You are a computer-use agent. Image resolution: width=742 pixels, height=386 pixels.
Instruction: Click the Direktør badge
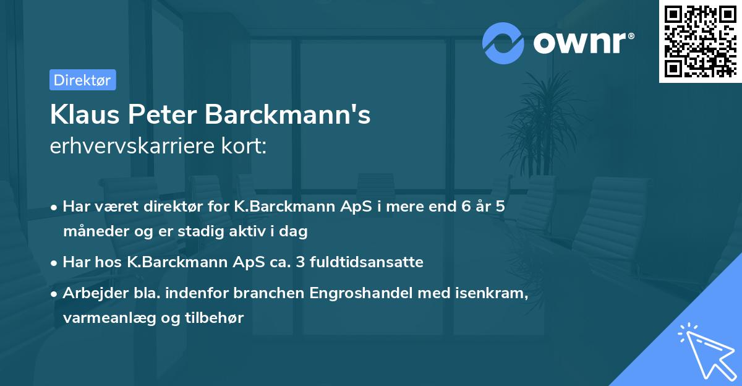point(82,80)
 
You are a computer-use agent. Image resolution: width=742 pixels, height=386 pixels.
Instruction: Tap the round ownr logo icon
point(503,43)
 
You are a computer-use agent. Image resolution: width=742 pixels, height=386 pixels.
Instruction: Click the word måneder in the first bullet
point(92,231)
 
